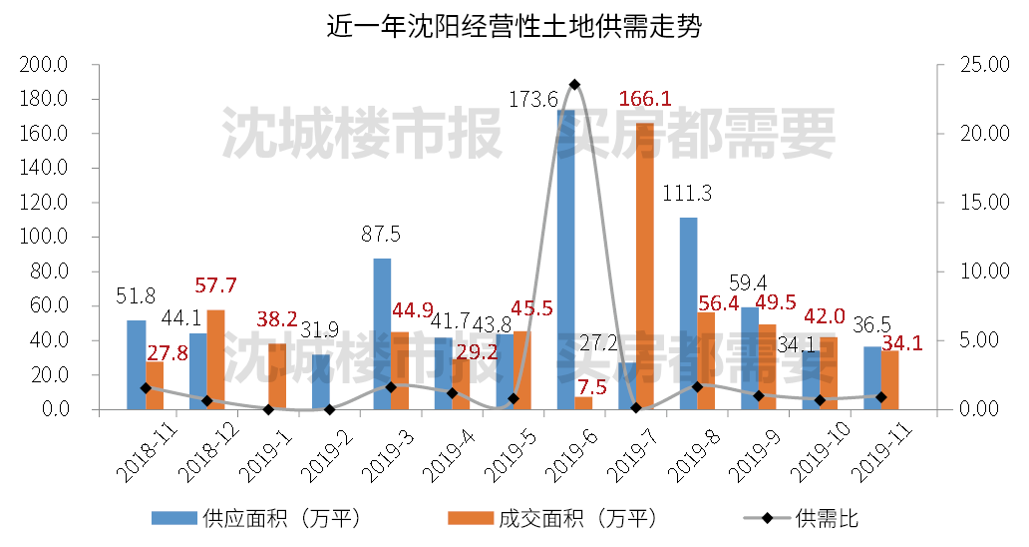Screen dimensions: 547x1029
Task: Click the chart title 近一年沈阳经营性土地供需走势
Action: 514,27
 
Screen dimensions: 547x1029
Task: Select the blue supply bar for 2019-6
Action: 565,260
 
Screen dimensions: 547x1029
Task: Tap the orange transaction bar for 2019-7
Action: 644,266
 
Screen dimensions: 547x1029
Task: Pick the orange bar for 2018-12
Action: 215,359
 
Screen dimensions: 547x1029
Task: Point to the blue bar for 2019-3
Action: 381,333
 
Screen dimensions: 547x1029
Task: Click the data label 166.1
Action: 644,100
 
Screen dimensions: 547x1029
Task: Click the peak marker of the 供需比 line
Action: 574,84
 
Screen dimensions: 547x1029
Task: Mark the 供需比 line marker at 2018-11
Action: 146,388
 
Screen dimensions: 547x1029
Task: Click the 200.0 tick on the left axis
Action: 44,65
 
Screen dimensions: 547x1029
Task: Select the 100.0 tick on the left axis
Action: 44,238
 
